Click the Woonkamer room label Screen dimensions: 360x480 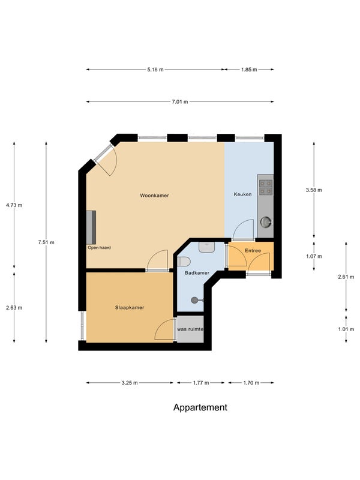pos(154,196)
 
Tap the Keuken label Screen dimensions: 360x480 pos(243,194)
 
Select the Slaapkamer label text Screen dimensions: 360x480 pos(130,308)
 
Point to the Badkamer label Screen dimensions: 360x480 pos(197,273)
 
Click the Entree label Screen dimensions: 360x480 pos(253,251)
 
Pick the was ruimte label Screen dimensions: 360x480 pos(190,329)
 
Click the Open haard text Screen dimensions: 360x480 pos(99,248)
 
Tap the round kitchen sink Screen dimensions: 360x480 pos(266,222)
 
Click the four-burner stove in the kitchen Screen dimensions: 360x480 pos(265,187)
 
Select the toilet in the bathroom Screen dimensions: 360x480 pos(184,262)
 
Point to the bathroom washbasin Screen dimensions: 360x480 pos(207,247)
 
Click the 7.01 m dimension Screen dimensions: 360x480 pos(180,101)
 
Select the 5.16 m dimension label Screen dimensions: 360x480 pos(155,70)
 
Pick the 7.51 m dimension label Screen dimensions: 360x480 pos(46,242)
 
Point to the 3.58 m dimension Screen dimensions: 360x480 pos(314,190)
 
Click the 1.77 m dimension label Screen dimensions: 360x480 pos(201,383)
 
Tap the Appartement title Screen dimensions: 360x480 pos(200,407)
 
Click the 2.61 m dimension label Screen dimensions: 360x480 pos(346,277)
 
